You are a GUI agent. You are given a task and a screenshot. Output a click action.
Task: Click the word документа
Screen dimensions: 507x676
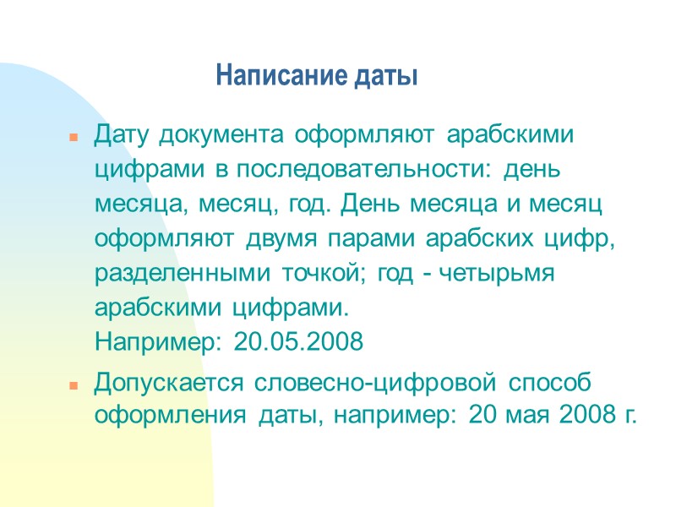220,134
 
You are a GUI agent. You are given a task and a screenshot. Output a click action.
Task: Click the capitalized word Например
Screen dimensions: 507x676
158,342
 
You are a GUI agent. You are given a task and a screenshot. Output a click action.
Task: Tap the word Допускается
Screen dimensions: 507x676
167,382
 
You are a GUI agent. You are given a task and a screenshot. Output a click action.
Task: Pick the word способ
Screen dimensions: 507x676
549,382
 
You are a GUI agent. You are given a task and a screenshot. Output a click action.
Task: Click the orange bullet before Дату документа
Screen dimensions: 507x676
74,137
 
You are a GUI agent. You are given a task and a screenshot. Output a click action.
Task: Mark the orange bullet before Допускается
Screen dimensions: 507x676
74,384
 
